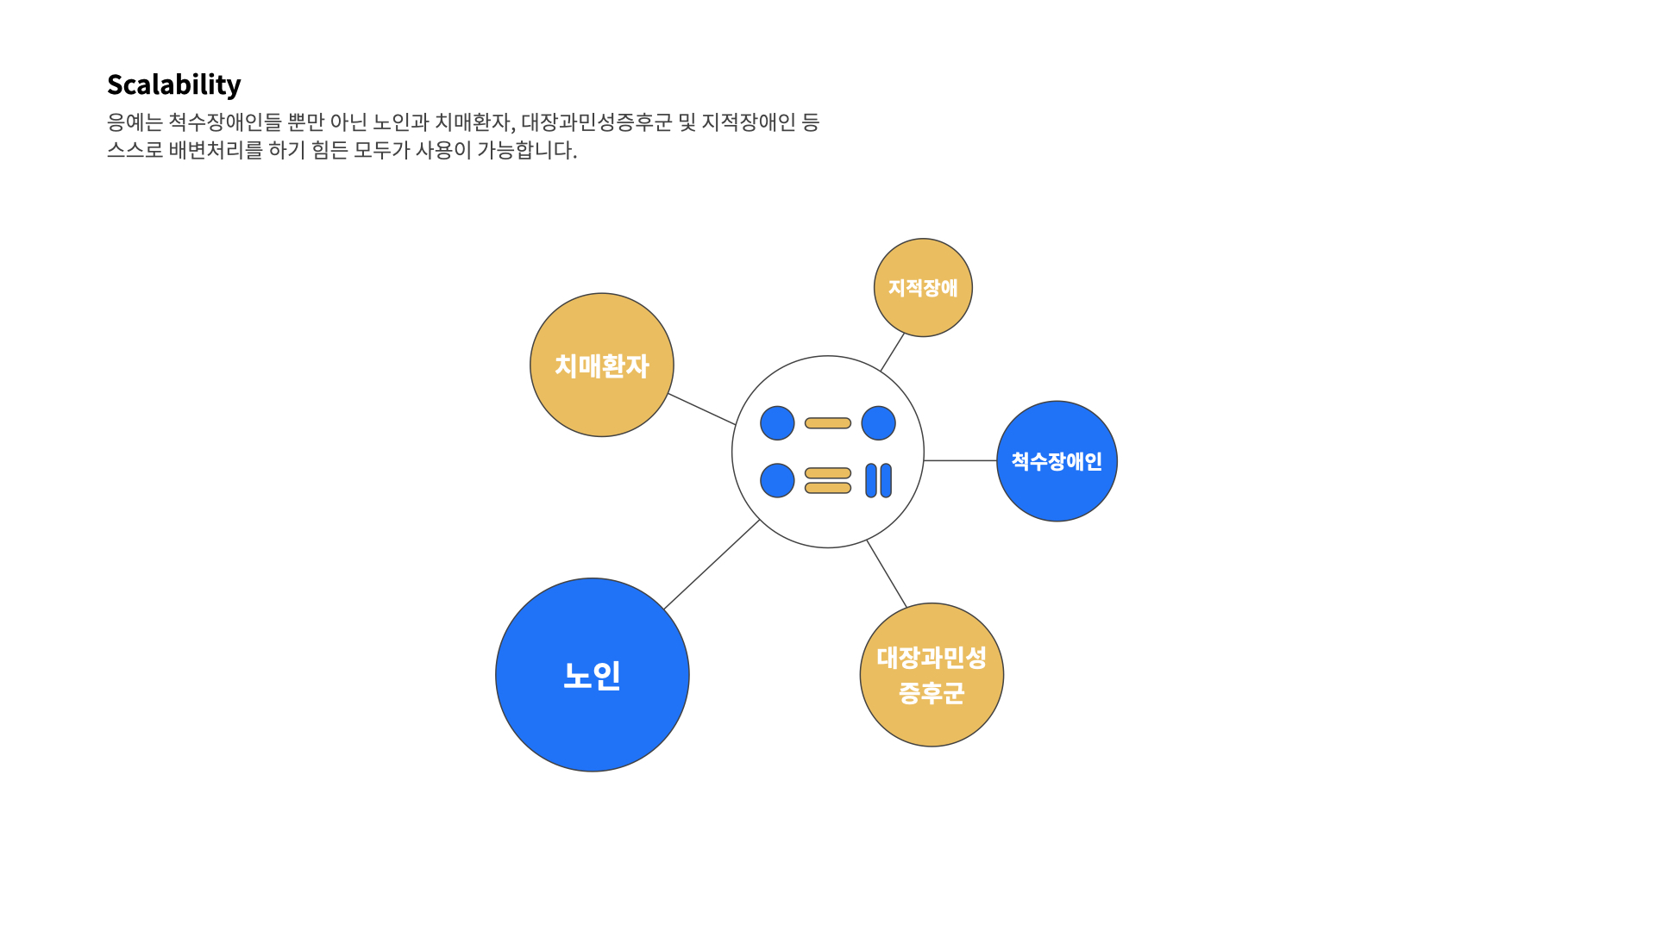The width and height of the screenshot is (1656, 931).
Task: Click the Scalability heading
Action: click(x=173, y=84)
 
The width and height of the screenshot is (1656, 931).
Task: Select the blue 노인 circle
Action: click(x=593, y=675)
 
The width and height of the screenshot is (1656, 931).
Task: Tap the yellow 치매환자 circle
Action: click(x=602, y=366)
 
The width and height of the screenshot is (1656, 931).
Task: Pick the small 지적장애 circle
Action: click(x=923, y=288)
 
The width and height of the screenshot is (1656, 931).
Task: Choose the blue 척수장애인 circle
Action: click(x=1057, y=461)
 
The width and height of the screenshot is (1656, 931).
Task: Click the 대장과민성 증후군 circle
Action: click(x=931, y=675)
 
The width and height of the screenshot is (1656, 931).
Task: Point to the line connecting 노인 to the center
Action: click(x=712, y=565)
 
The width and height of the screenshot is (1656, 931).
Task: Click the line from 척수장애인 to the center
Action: click(x=960, y=460)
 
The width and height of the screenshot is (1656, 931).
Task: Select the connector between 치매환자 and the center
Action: click(x=702, y=409)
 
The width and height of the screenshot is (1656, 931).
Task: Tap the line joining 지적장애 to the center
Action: click(x=893, y=353)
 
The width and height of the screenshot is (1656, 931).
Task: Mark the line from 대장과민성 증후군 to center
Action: click(x=887, y=574)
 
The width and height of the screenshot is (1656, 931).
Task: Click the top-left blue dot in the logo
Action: click(x=777, y=423)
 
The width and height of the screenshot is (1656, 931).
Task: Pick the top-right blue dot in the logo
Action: click(x=878, y=423)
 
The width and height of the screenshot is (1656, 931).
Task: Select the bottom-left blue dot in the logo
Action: click(x=777, y=480)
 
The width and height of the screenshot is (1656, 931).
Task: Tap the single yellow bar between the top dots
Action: click(x=828, y=423)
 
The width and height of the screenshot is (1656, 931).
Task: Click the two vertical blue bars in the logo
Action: click(x=878, y=480)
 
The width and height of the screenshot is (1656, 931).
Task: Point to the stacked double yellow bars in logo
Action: click(x=828, y=480)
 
